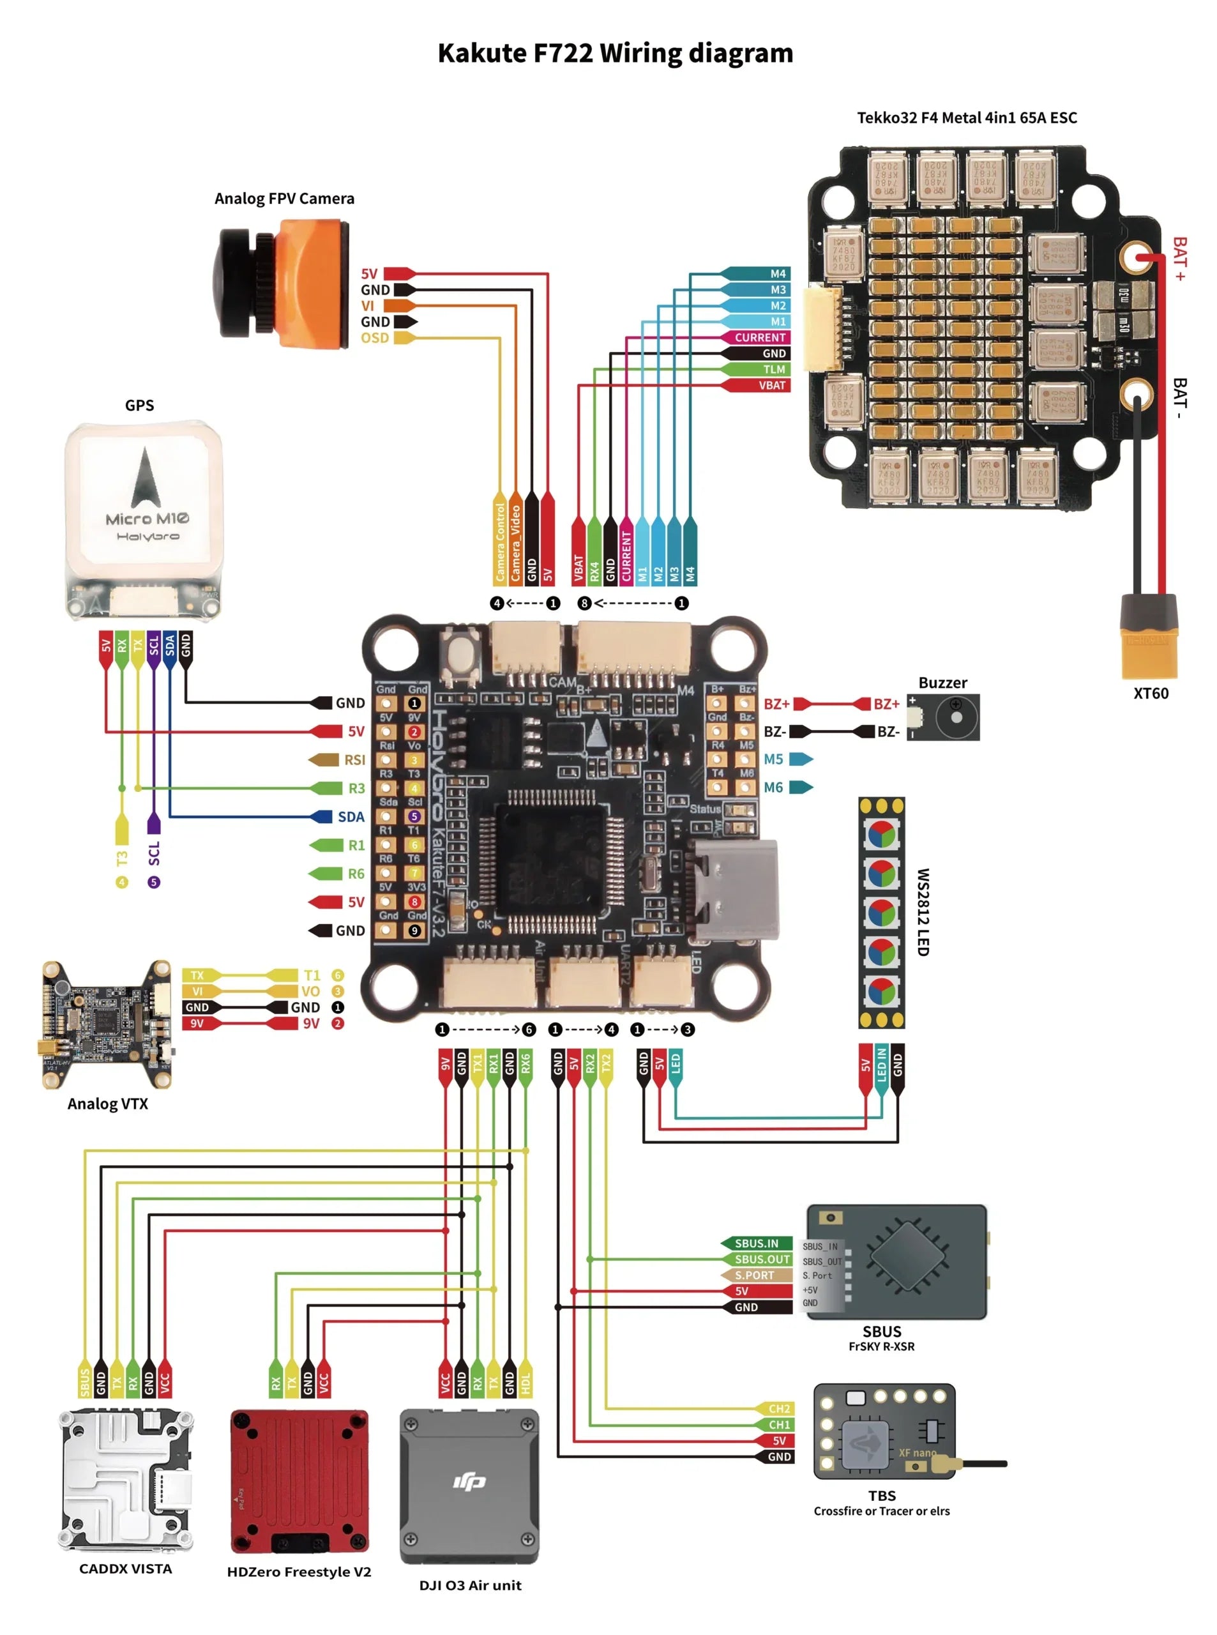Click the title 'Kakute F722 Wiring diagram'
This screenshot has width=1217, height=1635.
(x=615, y=53)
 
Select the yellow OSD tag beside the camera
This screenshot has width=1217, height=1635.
(x=375, y=337)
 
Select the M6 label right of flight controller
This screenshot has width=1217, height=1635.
(x=773, y=787)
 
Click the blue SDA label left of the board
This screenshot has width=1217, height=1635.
(x=351, y=816)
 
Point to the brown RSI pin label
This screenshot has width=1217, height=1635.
(x=354, y=759)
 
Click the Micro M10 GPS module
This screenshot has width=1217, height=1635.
(x=144, y=519)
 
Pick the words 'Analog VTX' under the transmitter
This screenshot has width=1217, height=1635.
(x=107, y=1104)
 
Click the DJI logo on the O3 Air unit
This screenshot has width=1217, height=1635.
(x=469, y=1481)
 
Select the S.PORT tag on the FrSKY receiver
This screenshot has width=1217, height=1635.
(x=754, y=1275)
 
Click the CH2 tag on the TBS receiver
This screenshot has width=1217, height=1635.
(x=779, y=1409)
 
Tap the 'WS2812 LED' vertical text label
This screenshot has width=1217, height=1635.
(x=922, y=911)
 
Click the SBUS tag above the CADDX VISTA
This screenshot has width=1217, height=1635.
(x=85, y=1382)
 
